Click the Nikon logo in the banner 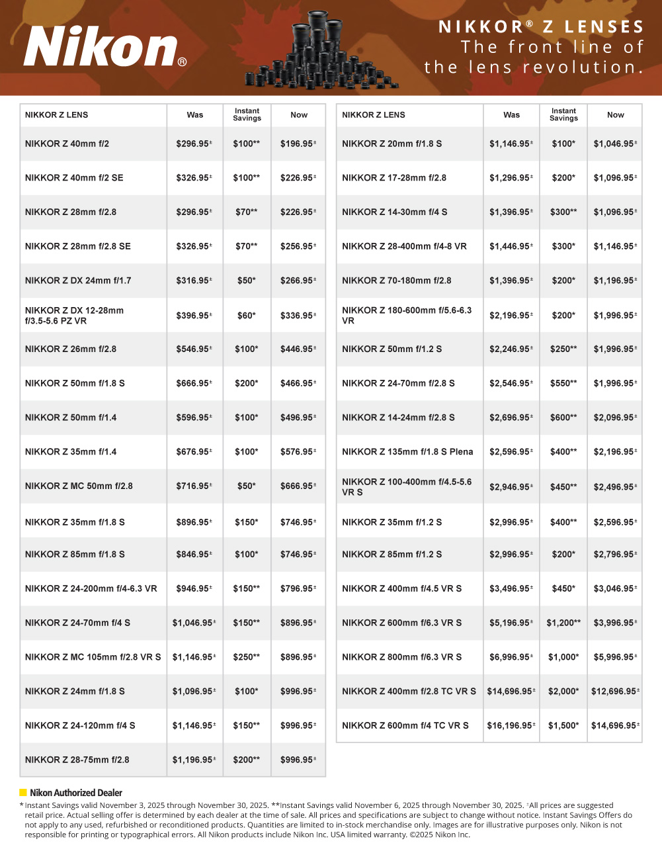(104, 48)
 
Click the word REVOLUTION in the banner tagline (582, 67)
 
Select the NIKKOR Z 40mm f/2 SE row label (74, 178)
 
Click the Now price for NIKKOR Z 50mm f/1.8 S (298, 384)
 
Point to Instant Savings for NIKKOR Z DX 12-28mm (247, 316)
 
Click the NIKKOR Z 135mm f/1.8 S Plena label (407, 452)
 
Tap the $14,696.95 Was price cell (511, 692)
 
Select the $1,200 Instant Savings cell (563, 623)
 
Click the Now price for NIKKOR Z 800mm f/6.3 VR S (615, 657)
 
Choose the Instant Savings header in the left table (247, 115)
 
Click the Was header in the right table (511, 115)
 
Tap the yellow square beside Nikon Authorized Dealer (23, 793)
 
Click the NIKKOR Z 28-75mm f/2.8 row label (77, 760)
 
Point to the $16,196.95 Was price (511, 726)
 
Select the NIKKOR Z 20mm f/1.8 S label (392, 144)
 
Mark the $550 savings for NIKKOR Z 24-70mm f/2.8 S (563, 384)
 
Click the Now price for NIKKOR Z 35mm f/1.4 (298, 452)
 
